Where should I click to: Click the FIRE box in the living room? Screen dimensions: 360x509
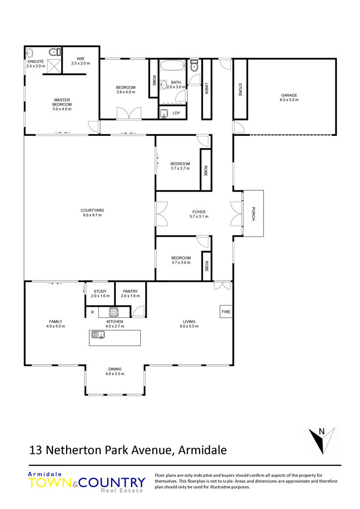pyautogui.click(x=226, y=311)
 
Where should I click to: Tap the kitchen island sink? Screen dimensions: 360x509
pyautogui.click(x=98, y=335)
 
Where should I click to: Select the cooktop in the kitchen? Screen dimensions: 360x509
pyautogui.click(x=113, y=312)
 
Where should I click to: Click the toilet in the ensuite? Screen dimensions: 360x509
pyautogui.click(x=54, y=52)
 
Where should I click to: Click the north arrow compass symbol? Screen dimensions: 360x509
pyautogui.click(x=322, y=440)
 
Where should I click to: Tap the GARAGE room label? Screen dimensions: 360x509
pyautogui.click(x=289, y=95)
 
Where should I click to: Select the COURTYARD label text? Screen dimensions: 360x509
pyautogui.click(x=92, y=210)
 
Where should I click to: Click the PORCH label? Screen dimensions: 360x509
pyautogui.click(x=253, y=214)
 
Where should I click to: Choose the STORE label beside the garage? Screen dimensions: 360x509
pyautogui.click(x=240, y=89)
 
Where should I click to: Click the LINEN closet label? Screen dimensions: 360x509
pyautogui.click(x=206, y=89)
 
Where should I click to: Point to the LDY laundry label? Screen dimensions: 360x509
pyautogui.click(x=176, y=113)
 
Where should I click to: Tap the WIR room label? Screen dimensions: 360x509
pyautogui.click(x=81, y=59)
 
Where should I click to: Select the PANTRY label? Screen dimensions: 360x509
pyautogui.click(x=130, y=291)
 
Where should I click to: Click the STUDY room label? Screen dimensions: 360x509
pyautogui.click(x=100, y=291)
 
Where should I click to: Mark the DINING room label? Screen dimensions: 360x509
pyautogui.click(x=115, y=369)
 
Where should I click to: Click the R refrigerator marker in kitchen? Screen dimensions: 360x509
pyautogui.click(x=92, y=312)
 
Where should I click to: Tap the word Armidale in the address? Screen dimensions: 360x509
pyautogui.click(x=202, y=450)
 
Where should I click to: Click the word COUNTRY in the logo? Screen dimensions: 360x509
pyautogui.click(x=112, y=483)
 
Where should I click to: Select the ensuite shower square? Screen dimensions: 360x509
pyautogui.click(x=54, y=66)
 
